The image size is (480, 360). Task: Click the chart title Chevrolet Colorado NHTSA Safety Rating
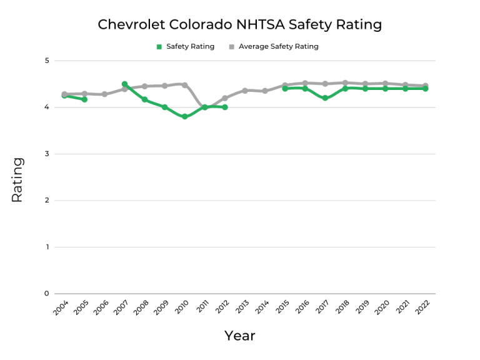click(x=239, y=25)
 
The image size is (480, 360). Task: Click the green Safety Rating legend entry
click(x=185, y=46)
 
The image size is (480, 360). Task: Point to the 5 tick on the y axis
click(x=46, y=61)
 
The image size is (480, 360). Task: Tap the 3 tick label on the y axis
click(x=46, y=154)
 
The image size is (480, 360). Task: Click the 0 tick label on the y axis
click(x=46, y=294)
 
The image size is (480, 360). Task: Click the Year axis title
click(x=240, y=336)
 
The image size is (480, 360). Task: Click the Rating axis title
click(x=17, y=179)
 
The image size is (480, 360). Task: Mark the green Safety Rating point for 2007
click(x=125, y=84)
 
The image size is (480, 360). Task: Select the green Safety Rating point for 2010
click(x=185, y=117)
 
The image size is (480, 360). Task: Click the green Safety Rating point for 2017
click(x=325, y=98)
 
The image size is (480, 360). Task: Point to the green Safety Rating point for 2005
click(x=84, y=99)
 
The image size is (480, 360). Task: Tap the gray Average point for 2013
click(x=245, y=91)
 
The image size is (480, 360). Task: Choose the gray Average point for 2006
click(x=104, y=94)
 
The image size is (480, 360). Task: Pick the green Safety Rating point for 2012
click(x=225, y=107)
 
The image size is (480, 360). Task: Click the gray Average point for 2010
click(x=185, y=85)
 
